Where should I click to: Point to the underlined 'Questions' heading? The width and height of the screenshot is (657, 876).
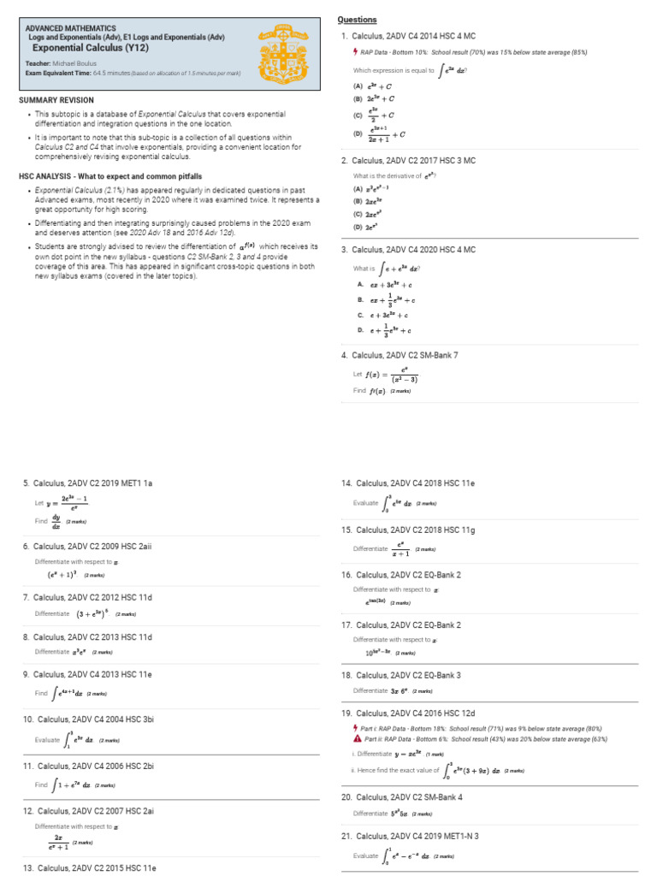click(x=357, y=20)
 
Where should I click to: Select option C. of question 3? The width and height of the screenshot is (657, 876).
click(x=385, y=314)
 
